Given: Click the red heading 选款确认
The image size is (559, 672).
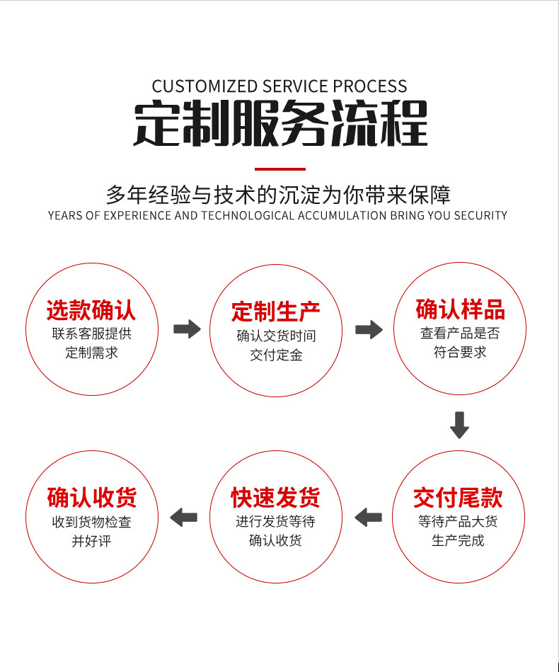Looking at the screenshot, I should pos(91,310).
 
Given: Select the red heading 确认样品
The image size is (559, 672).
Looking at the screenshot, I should pos(460,309).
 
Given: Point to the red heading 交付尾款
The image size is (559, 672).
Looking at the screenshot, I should pos(458,498).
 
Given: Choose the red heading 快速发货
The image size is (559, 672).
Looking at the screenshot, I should pos(275,498).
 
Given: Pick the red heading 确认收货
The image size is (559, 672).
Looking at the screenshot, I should pos(91,498).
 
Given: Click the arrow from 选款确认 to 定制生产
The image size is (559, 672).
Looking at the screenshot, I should pos(187,329).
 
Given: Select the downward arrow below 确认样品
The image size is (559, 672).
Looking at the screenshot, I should pos(459,424).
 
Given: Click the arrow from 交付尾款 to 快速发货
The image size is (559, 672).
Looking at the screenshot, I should pos(368,518).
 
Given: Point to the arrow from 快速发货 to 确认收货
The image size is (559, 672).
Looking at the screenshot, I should pos(184,518).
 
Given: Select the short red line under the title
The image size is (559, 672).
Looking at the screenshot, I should pos(279,169).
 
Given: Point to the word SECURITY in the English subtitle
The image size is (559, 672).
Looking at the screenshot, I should pos(481,215).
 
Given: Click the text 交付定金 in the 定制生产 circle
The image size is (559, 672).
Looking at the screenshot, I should pos(276,355).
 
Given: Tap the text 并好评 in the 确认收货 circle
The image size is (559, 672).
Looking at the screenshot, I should pos(91,542).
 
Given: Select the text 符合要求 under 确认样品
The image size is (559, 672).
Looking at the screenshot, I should pos(460,352).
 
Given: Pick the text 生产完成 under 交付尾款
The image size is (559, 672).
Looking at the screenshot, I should pos(458,541).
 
